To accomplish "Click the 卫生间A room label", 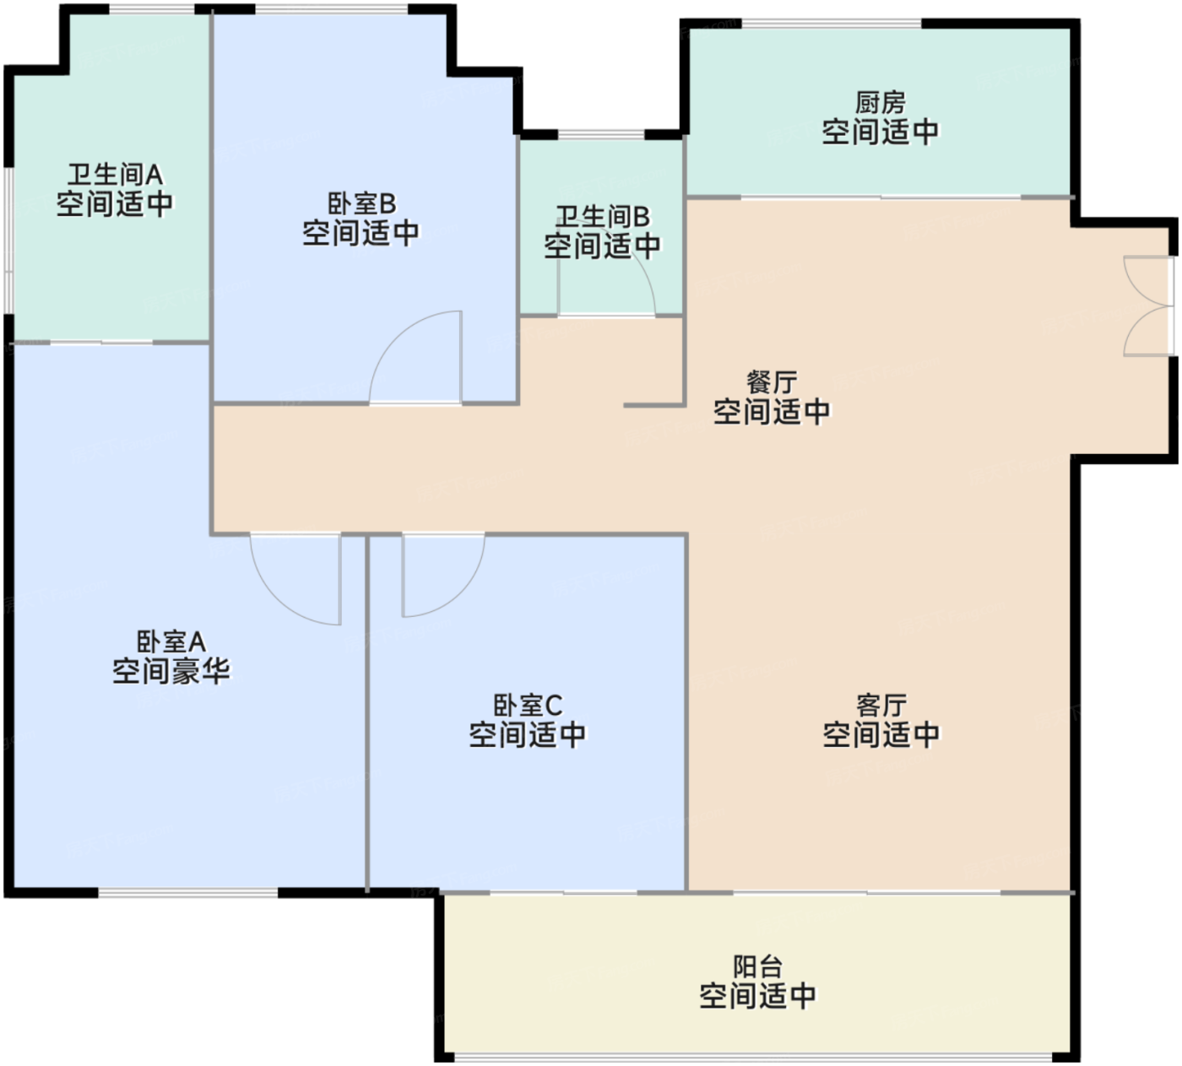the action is [x=115, y=175].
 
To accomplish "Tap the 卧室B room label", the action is [x=362, y=204].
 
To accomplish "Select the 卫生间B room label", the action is [x=602, y=216].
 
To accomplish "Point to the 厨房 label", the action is [x=881, y=102].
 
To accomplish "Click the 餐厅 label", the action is [x=772, y=382].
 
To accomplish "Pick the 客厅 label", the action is [x=881, y=706].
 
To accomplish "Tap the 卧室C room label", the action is [x=528, y=705].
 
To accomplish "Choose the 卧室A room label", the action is [x=171, y=641].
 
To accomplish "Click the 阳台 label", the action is [x=758, y=966].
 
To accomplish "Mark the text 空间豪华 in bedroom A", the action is [x=171, y=671].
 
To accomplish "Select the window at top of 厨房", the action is [x=832, y=24].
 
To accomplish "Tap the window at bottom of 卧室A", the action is [x=188, y=893].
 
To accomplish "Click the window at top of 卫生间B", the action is [x=601, y=135].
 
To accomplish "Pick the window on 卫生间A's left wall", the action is [x=8, y=241].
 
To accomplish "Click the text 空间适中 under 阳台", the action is [x=758, y=996].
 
